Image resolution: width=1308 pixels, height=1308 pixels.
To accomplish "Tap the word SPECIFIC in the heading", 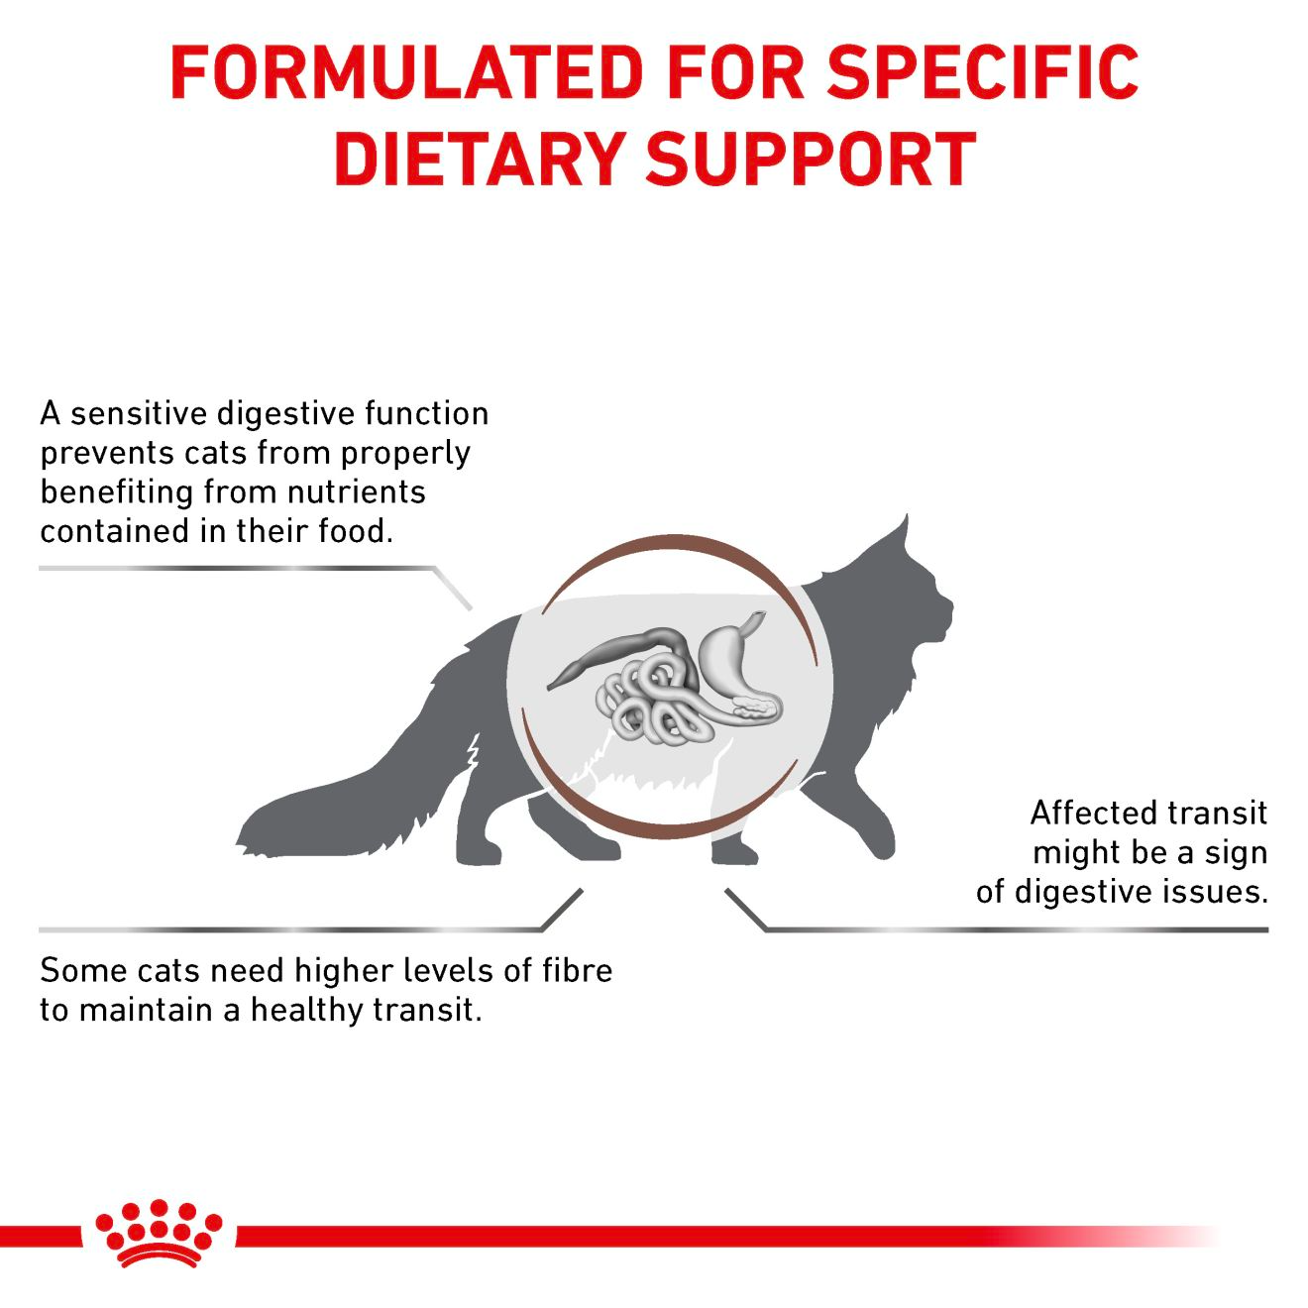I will tap(982, 71).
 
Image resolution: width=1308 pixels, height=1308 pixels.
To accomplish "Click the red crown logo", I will tap(159, 1234).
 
